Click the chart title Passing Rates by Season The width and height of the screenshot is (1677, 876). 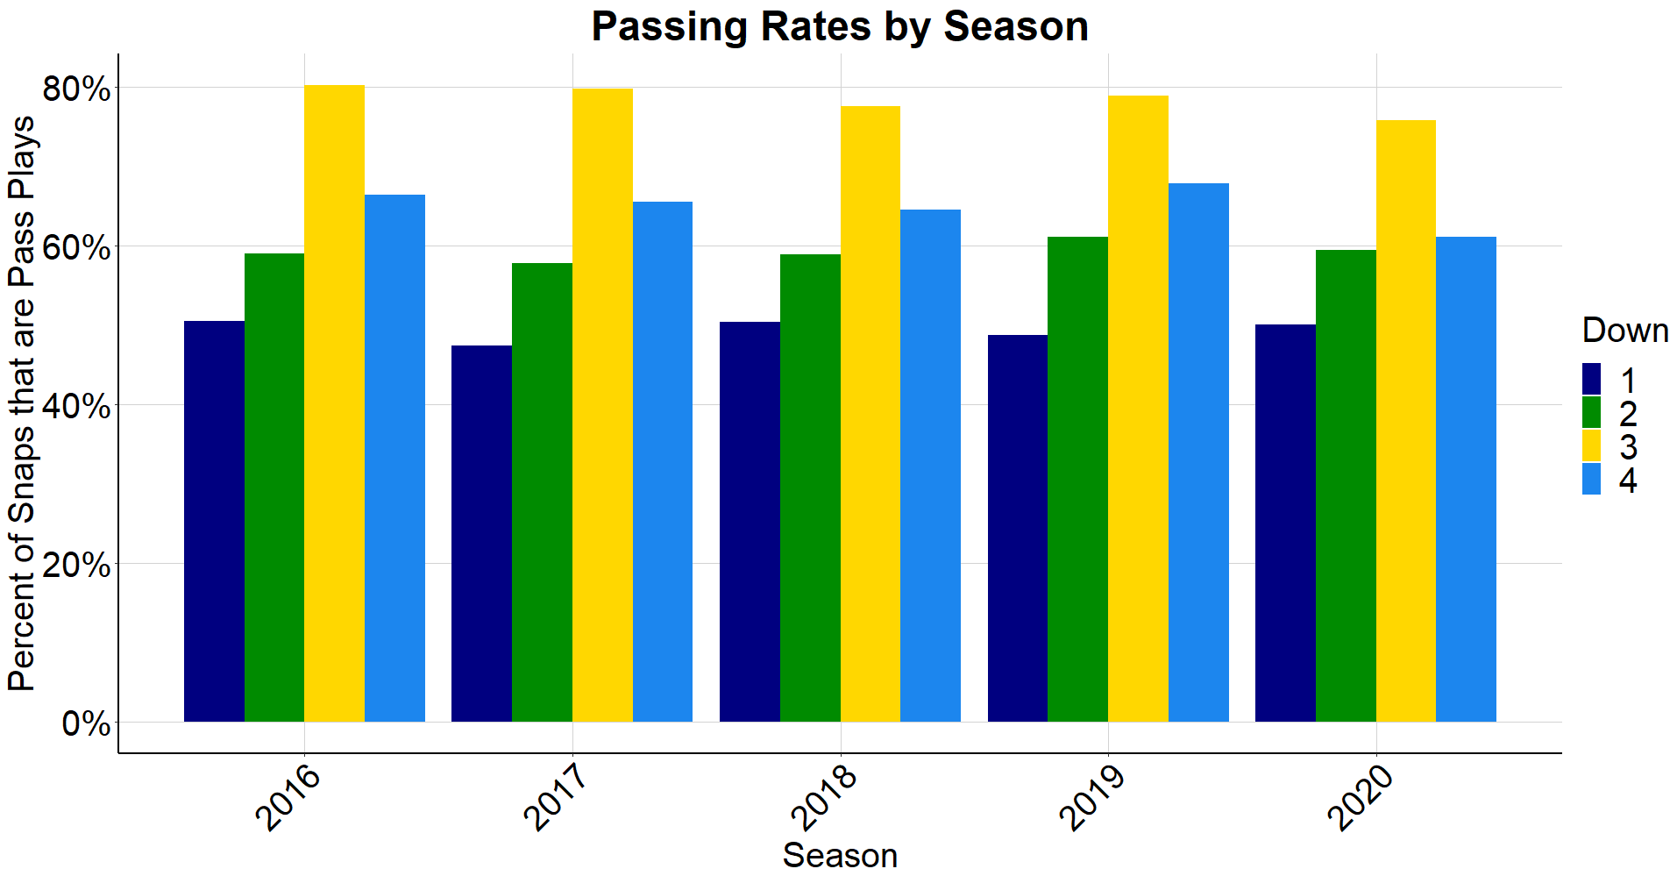839,26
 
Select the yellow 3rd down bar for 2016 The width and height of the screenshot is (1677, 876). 334,403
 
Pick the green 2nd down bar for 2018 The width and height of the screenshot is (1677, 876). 810,488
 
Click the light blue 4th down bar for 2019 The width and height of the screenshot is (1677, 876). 1198,452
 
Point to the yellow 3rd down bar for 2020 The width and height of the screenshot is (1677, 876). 1405,421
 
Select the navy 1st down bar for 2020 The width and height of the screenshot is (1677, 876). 1285,523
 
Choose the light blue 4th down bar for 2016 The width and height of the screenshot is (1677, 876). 394,458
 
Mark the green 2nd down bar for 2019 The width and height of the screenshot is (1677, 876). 1077,479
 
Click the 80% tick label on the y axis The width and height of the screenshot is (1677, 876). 76,89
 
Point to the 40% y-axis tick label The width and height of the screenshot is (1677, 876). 76,406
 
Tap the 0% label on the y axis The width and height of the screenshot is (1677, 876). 86,724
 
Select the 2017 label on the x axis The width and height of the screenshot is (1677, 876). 555,798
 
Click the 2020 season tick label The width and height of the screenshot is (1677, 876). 1359,798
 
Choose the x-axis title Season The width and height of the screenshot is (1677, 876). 840,855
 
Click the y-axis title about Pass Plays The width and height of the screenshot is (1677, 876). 22,403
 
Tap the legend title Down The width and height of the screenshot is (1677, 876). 1624,331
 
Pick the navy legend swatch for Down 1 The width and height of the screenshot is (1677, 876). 1591,380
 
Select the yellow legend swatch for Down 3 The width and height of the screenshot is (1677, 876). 1591,445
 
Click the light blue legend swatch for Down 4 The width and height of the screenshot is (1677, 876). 1591,479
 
